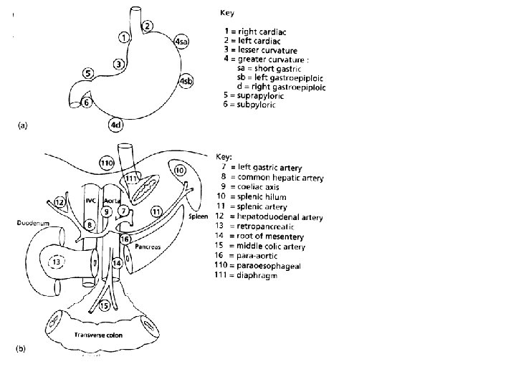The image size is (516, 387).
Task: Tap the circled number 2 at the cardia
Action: point(147,27)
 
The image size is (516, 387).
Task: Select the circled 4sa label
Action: point(182,42)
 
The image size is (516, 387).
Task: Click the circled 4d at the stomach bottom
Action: point(115,126)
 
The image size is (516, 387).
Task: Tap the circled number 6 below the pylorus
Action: point(87,102)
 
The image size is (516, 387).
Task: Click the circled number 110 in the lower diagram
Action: point(107,163)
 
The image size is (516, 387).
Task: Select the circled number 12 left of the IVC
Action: point(59,203)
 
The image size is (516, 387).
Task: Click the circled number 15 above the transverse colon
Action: point(104,306)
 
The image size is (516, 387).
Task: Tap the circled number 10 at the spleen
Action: point(179,171)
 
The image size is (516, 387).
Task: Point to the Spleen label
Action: point(198,216)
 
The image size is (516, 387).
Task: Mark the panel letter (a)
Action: point(22,125)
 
